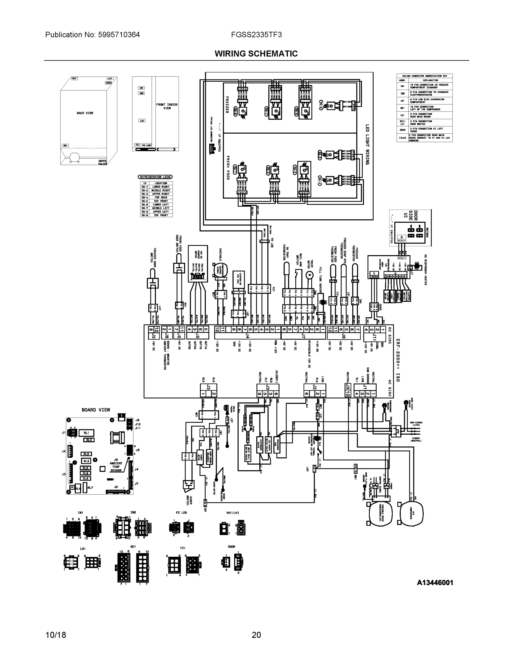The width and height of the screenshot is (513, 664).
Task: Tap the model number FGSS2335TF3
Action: [256, 35]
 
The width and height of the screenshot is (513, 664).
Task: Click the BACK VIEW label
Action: [85, 113]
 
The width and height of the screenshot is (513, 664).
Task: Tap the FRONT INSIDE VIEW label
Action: [167, 106]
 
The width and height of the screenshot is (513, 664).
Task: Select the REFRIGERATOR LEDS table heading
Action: [155, 177]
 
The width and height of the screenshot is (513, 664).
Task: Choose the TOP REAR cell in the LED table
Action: [161, 197]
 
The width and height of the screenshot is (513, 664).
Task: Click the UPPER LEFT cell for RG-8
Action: [161, 212]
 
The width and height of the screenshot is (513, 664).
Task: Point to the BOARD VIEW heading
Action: [96, 410]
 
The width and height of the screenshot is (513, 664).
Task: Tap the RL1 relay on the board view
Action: [86, 433]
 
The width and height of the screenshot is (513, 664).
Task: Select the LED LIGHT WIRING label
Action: [368, 144]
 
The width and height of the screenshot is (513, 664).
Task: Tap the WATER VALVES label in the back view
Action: [102, 162]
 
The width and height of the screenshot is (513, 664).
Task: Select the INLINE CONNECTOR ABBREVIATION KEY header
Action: [424, 76]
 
